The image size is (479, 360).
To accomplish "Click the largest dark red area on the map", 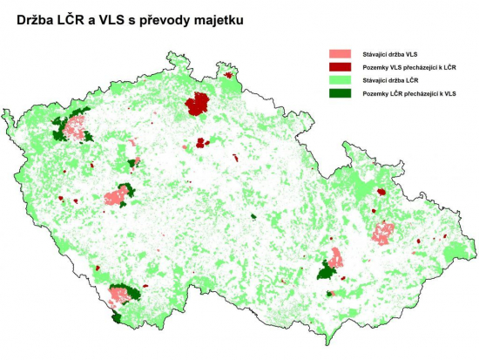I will coord(198,105).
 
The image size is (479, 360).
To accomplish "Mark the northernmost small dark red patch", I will coord(228,76).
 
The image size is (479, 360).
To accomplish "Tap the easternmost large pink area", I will coord(383,233).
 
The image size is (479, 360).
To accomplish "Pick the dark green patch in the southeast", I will coord(327,272).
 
